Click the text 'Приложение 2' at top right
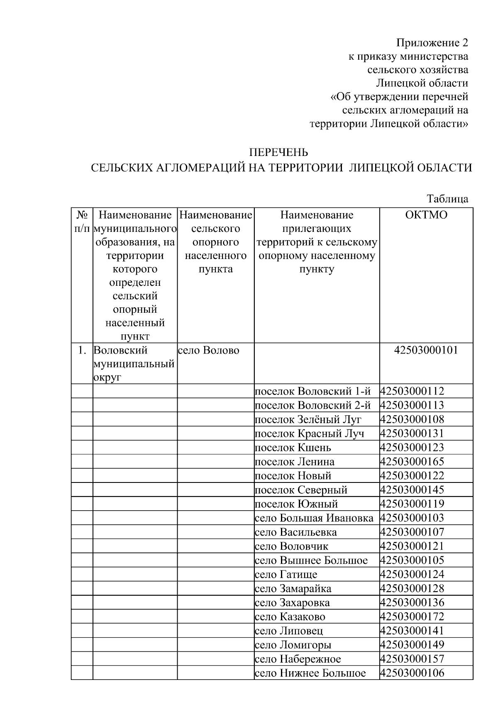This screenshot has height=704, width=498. click(x=432, y=43)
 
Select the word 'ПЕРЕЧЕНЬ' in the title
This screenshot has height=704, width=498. click(x=278, y=153)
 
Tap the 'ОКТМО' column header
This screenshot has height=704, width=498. click(x=426, y=215)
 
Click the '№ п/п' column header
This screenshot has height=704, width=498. click(x=82, y=222)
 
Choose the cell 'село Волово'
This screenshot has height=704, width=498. click(x=209, y=351)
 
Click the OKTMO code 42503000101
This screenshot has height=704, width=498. click(x=426, y=350)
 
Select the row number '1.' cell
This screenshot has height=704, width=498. click(x=82, y=351)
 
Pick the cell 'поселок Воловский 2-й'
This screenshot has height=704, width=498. click(x=312, y=405)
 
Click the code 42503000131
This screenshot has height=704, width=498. click(x=412, y=434)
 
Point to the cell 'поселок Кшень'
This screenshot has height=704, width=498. click(x=293, y=448)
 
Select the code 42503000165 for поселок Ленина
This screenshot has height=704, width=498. click(x=412, y=462)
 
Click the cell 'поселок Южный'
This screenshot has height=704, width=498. click(x=296, y=504)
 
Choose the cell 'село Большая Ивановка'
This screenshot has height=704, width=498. click(x=314, y=518)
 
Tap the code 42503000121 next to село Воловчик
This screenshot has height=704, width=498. click(x=412, y=546)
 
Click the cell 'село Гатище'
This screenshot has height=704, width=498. click(x=286, y=575)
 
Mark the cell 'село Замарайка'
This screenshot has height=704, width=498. click(x=293, y=589)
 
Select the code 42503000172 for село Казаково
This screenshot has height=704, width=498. click(x=412, y=617)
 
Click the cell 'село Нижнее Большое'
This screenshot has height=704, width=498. click(x=310, y=673)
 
